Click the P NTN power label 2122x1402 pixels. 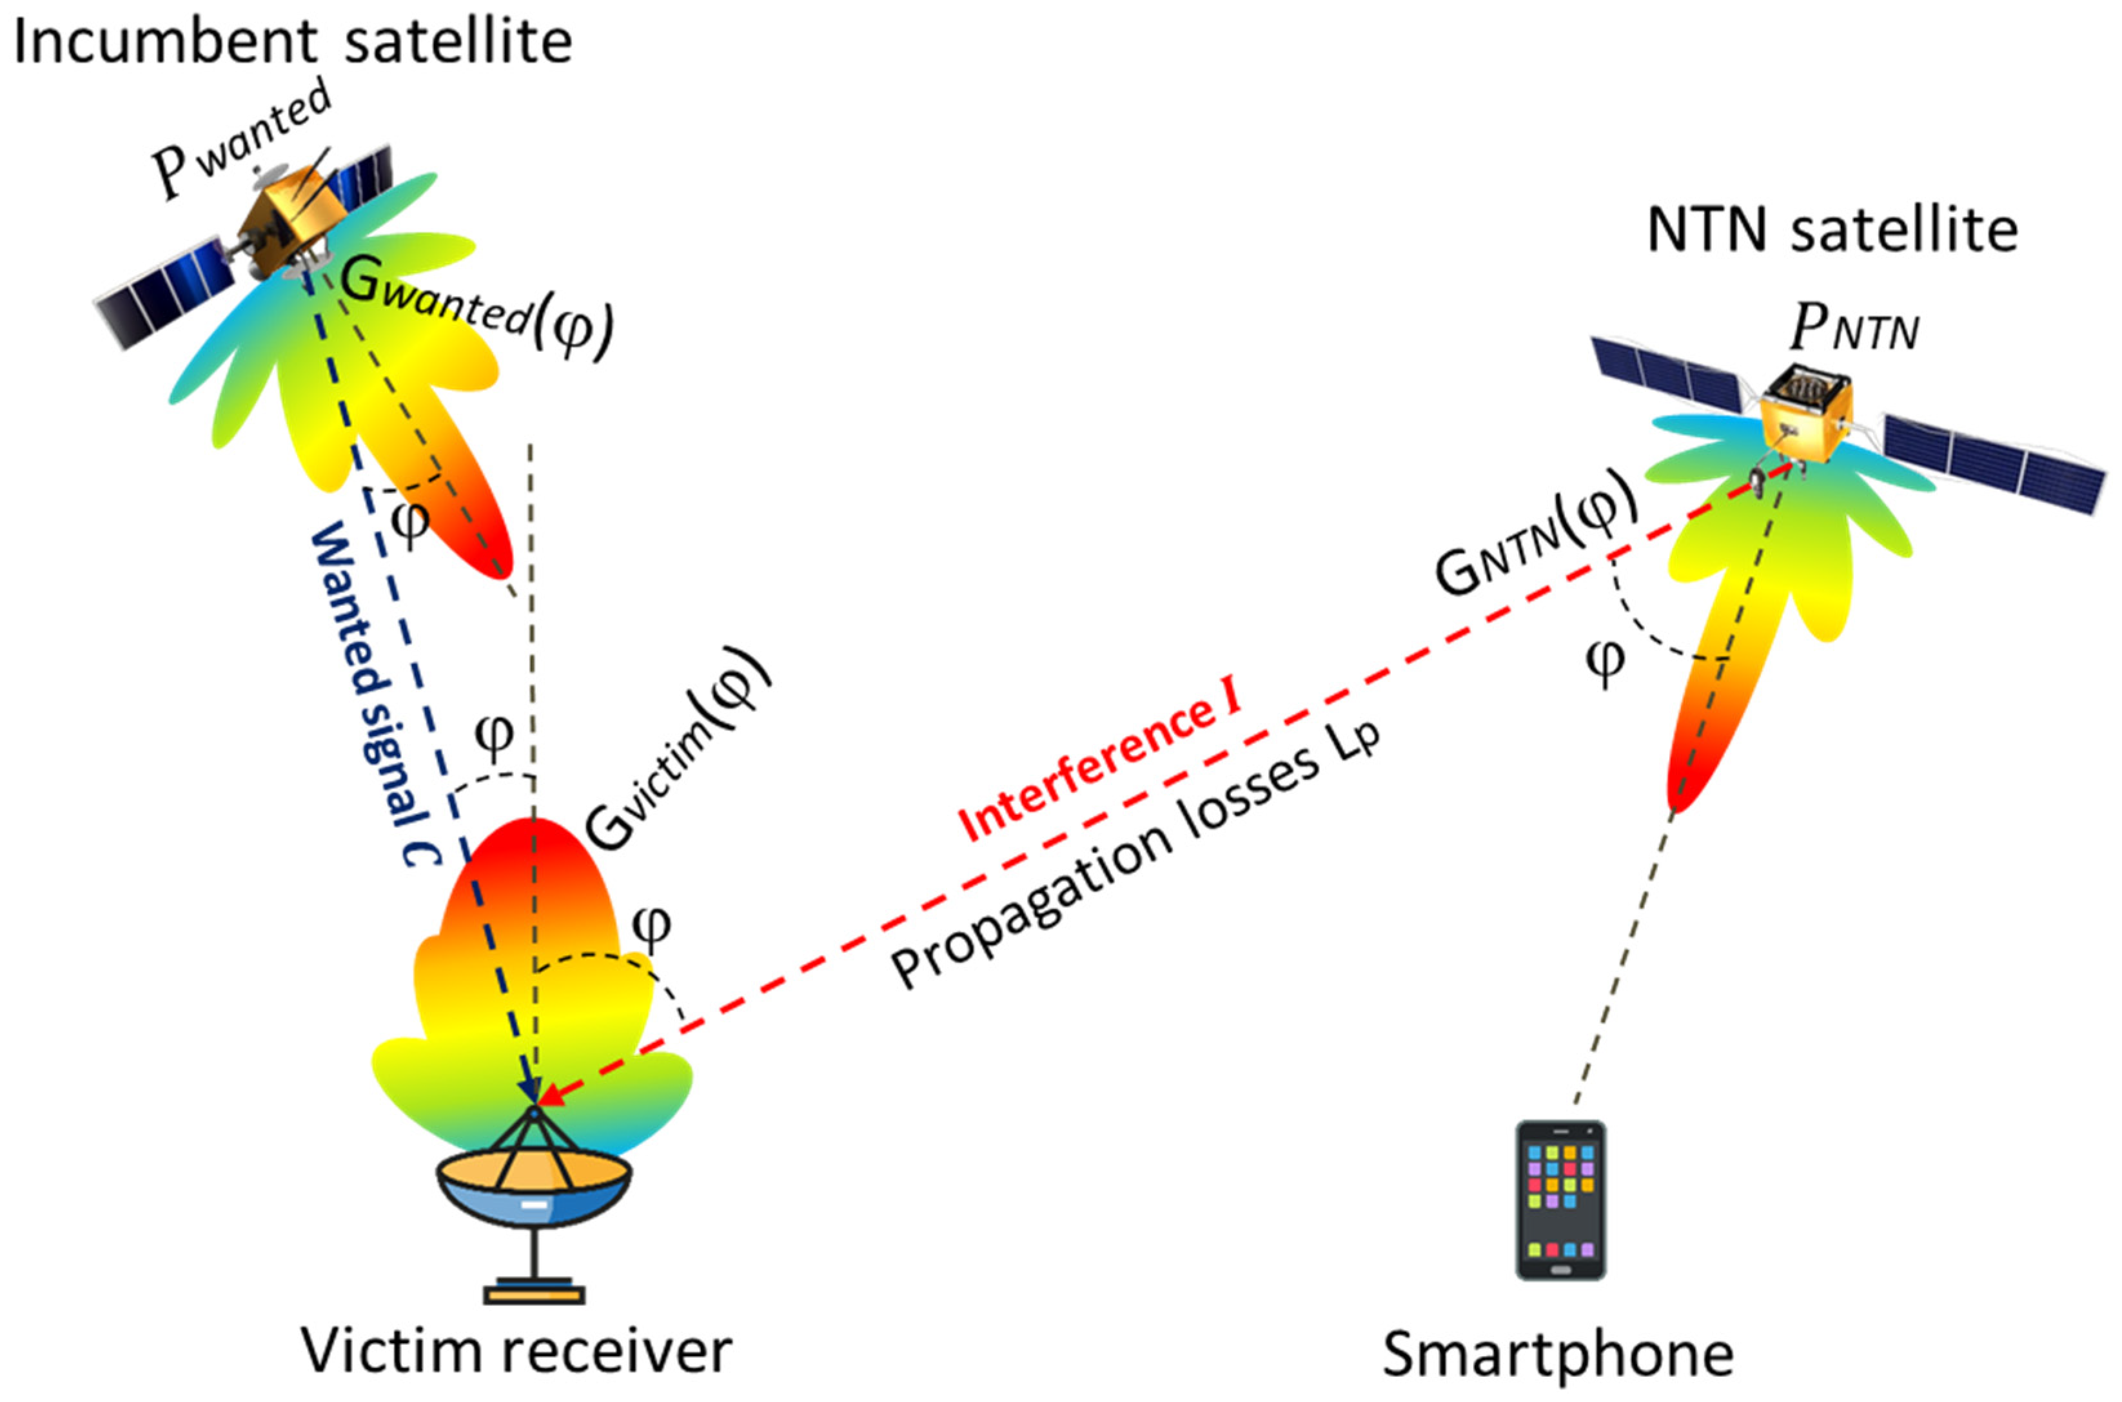point(1854,331)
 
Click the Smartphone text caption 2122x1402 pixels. point(1558,1354)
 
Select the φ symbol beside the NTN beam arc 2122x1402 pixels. point(1605,661)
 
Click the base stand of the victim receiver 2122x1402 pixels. point(534,1292)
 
